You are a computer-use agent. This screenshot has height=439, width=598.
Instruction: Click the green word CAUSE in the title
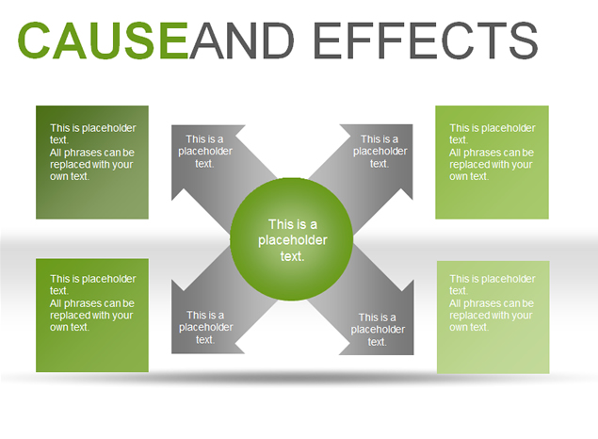(x=103, y=41)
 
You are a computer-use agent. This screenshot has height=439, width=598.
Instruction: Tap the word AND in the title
(x=242, y=41)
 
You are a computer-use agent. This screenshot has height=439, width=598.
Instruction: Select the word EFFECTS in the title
(x=426, y=41)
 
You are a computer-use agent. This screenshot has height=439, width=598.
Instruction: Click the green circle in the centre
(x=291, y=239)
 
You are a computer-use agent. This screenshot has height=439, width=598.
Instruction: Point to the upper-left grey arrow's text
(x=204, y=151)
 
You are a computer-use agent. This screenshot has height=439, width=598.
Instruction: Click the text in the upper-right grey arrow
(x=380, y=151)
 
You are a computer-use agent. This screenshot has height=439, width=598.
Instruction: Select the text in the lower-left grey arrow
(x=205, y=327)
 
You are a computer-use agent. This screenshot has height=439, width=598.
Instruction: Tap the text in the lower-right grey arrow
(x=378, y=329)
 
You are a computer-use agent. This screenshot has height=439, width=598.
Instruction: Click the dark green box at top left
(x=92, y=162)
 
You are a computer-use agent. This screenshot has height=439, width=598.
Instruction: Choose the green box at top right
(x=492, y=162)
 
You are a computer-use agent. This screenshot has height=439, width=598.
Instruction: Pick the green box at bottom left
(x=92, y=315)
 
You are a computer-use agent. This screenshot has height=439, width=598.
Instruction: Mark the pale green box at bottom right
(x=493, y=317)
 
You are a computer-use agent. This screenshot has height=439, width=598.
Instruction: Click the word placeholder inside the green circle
(x=293, y=240)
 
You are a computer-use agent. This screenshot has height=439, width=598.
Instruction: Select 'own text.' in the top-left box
(x=70, y=176)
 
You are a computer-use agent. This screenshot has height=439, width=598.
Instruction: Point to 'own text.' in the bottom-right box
(x=469, y=327)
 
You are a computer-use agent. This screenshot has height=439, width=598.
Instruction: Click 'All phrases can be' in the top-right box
(x=492, y=153)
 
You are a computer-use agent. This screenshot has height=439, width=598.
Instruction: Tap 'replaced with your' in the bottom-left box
(x=91, y=315)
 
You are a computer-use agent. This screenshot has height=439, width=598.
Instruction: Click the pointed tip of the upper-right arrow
(x=412, y=124)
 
